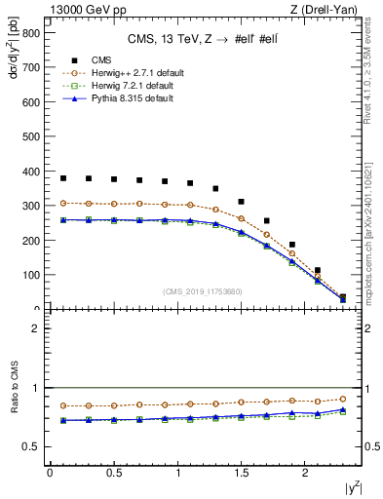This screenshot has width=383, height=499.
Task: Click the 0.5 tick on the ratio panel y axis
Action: pyautogui.click(x=30, y=446)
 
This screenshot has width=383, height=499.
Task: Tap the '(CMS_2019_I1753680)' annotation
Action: pyautogui.click(x=202, y=291)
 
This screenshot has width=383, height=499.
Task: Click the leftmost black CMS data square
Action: pyautogui.click(x=63, y=178)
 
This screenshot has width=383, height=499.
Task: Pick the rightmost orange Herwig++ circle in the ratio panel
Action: pyautogui.click(x=342, y=399)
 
